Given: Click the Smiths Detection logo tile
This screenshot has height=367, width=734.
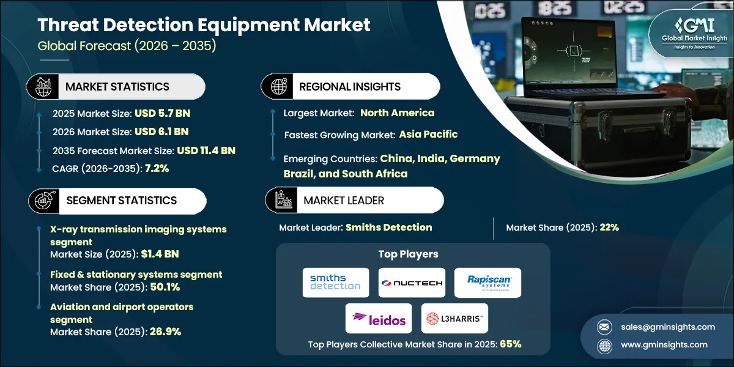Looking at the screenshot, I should click(x=336, y=283).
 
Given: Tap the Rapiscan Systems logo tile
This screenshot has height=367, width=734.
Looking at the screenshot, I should click(x=487, y=283).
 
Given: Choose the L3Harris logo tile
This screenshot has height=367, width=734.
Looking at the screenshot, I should click(x=454, y=318).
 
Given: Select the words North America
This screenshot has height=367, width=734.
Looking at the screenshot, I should click(x=397, y=113).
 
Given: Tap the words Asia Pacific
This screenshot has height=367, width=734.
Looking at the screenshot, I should click(x=428, y=134).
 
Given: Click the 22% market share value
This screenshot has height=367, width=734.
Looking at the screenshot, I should click(x=609, y=228).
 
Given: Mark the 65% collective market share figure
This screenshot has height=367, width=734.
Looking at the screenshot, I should click(x=510, y=344).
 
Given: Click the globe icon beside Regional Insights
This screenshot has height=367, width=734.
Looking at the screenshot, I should click(x=278, y=86).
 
